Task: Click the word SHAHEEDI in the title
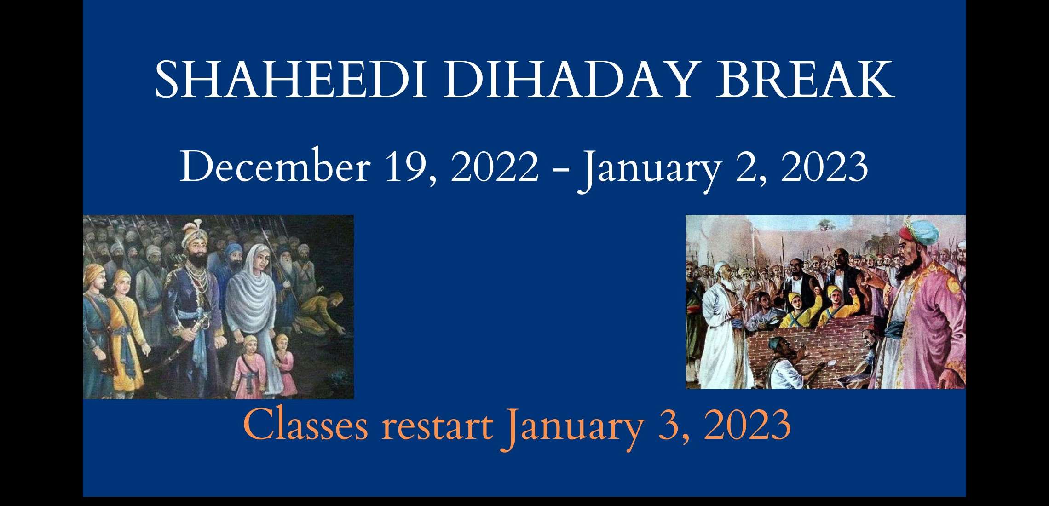(x=290, y=80)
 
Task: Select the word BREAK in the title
(x=805, y=80)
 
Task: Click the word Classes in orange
(x=306, y=424)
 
